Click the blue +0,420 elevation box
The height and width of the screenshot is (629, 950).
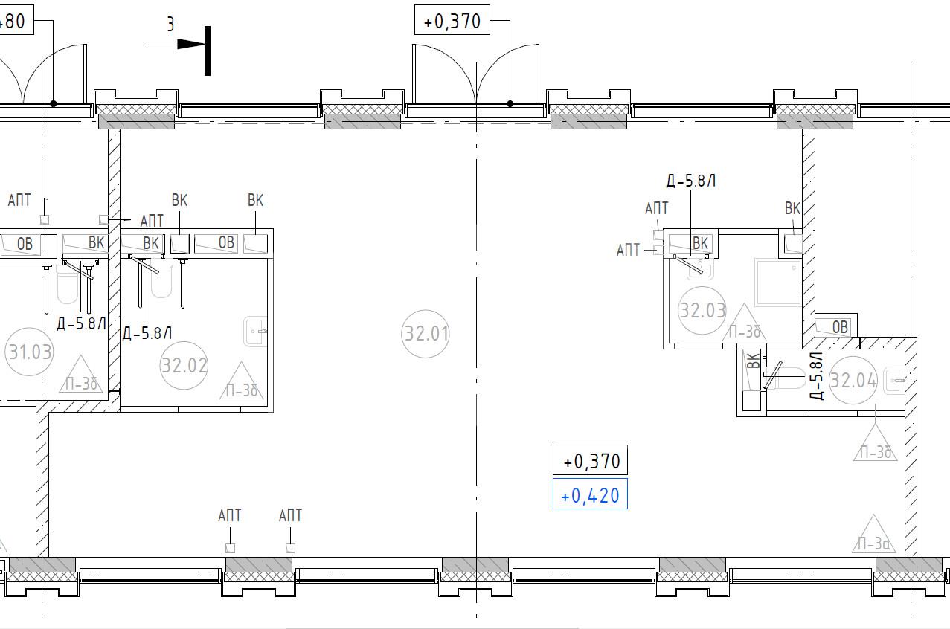(x=590, y=494)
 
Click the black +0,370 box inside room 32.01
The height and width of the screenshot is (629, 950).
(x=590, y=460)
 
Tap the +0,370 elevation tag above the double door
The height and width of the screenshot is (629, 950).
(x=452, y=20)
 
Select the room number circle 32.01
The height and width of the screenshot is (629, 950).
(x=426, y=334)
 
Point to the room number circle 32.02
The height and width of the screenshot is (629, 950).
(x=184, y=365)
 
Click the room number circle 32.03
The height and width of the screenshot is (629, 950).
(x=702, y=311)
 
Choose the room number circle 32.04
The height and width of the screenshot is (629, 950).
(x=853, y=380)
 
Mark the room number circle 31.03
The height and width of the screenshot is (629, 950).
(x=29, y=352)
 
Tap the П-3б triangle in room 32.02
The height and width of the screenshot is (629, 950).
(x=241, y=381)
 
